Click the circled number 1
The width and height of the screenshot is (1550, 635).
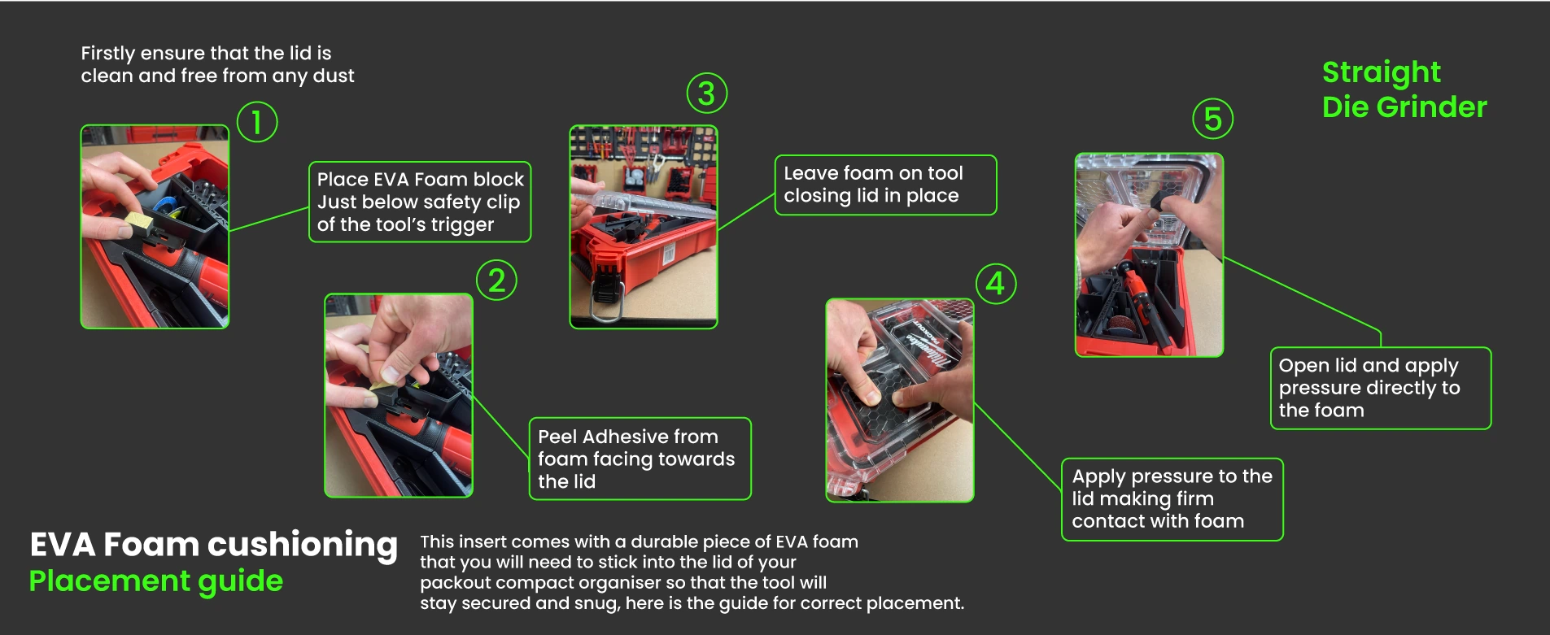[x=257, y=122]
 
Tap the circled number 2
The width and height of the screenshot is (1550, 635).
[x=496, y=281]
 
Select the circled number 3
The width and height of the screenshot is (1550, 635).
[x=706, y=94]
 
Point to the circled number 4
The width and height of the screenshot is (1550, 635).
[x=995, y=284]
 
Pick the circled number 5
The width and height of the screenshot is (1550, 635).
[x=1212, y=119]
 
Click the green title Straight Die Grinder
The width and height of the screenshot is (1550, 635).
[x=1404, y=89]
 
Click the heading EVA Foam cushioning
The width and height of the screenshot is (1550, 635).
[x=213, y=544]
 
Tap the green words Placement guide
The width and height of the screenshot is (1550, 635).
[x=156, y=581]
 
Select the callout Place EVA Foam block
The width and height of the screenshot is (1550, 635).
[x=420, y=202]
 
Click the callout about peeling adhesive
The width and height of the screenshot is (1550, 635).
[x=640, y=459]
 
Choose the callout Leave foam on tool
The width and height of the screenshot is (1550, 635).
[x=885, y=185]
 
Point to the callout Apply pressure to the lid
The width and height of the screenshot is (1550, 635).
[x=1172, y=499]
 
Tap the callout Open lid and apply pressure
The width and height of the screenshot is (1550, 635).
[x=1381, y=388]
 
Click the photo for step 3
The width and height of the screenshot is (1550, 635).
[x=644, y=227]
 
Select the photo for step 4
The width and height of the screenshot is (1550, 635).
[x=900, y=400]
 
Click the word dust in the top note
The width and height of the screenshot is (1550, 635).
[x=334, y=76]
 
